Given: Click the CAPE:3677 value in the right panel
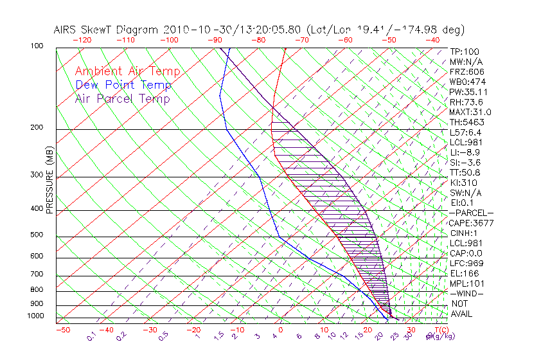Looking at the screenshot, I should (x=471, y=223).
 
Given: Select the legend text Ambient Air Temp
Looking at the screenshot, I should (x=127, y=71).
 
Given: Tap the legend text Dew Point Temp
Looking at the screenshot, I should (x=123, y=85).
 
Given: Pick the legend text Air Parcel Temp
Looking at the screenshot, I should (x=123, y=98).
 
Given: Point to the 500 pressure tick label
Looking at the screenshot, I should (x=37, y=235).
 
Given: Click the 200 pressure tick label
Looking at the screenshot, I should (x=37, y=128).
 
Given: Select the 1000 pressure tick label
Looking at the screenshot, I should (x=35, y=316).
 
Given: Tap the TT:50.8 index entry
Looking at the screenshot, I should (x=466, y=172).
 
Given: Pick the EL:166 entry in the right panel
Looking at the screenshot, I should (x=464, y=273).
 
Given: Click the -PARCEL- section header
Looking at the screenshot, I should (x=472, y=213).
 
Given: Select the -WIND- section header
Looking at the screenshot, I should (x=466, y=293).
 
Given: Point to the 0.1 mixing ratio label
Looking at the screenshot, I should (x=91, y=336).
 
